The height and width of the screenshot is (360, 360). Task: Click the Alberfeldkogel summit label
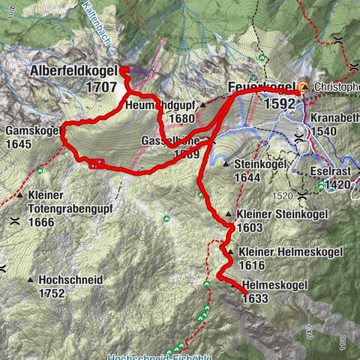[73, 70]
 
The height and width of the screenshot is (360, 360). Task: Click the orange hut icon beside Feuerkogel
[303, 87]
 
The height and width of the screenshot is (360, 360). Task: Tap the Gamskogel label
[31, 130]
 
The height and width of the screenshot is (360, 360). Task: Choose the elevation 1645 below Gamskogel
[18, 144]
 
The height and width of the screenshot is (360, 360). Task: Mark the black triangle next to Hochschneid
[31, 280]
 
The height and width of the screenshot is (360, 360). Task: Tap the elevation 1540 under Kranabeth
[325, 131]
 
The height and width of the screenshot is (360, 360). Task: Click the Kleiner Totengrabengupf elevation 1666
[42, 222]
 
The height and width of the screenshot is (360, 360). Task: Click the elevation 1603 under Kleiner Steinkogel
[249, 226]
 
